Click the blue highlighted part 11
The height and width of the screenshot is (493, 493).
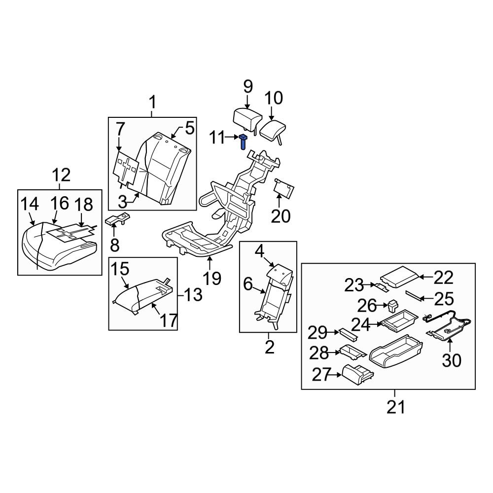pyautogui.click(x=244, y=141)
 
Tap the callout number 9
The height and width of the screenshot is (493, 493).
pyautogui.click(x=247, y=87)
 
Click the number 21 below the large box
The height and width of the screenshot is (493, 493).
pyautogui.click(x=395, y=407)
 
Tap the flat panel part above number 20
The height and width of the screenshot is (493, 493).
pyautogui.click(x=284, y=189)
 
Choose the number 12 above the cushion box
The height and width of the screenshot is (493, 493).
pyautogui.click(x=62, y=175)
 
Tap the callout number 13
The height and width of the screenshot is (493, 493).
pyautogui.click(x=193, y=295)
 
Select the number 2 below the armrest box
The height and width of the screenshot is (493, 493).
pyautogui.click(x=269, y=347)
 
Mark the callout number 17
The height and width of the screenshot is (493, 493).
pyautogui.click(x=169, y=320)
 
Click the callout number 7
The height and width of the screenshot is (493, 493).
pyautogui.click(x=120, y=129)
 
